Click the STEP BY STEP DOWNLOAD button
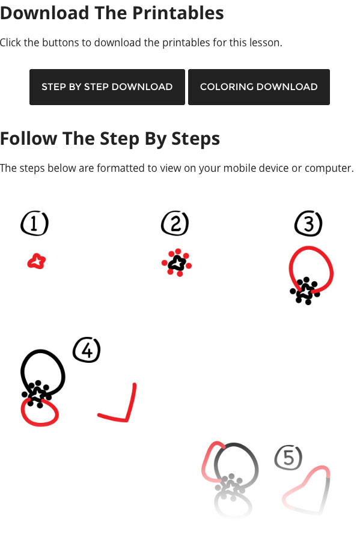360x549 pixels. pos(107,87)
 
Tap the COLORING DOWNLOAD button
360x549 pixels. pos(259,87)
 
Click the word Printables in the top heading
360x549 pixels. pos(178,13)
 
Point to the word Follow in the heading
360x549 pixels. pos(29,138)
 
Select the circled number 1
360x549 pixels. pos(34,223)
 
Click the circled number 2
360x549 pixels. pos(175,223)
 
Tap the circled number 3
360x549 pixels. pos(308,223)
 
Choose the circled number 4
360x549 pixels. pos(87,350)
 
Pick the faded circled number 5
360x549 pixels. pos(288,458)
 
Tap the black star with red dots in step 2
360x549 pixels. pos(177,263)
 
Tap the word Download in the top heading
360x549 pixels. pos(44,13)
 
